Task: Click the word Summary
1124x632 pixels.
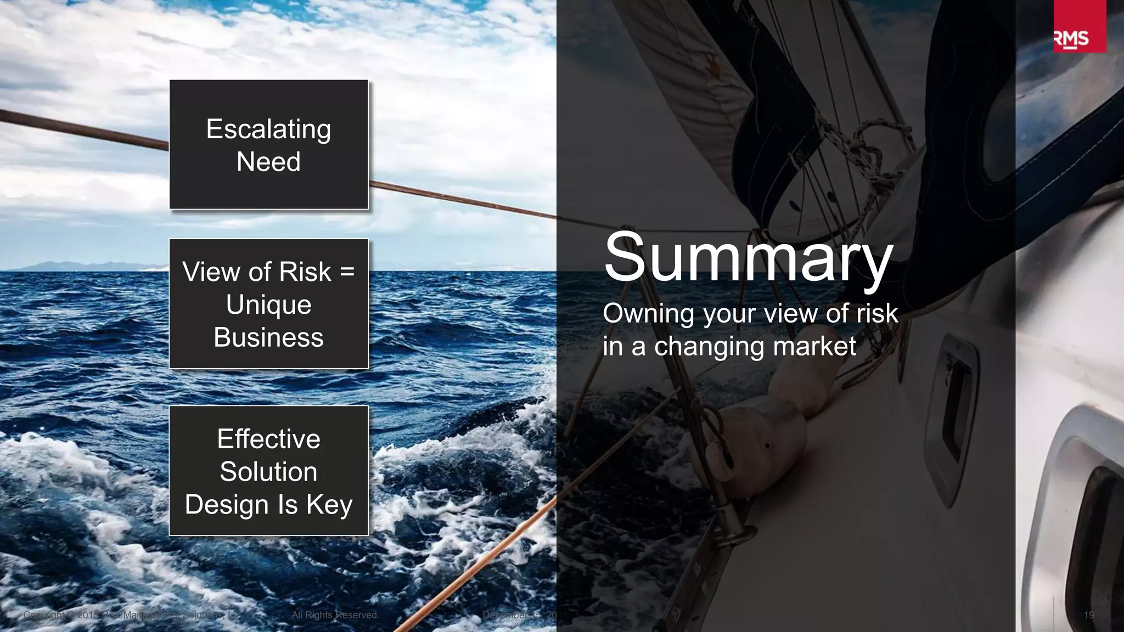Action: click(x=749, y=257)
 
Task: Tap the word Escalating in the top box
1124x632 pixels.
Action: click(x=268, y=129)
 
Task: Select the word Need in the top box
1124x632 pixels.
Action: click(x=268, y=162)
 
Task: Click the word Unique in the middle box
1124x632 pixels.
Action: click(x=268, y=304)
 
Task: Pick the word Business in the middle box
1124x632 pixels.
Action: click(x=268, y=337)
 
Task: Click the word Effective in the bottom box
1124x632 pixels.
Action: click(x=268, y=439)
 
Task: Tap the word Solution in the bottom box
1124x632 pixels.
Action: click(x=268, y=472)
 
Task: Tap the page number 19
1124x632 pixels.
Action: click(x=1089, y=615)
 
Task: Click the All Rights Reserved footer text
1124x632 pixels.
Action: click(x=335, y=615)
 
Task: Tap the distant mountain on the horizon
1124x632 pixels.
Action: click(x=71, y=266)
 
